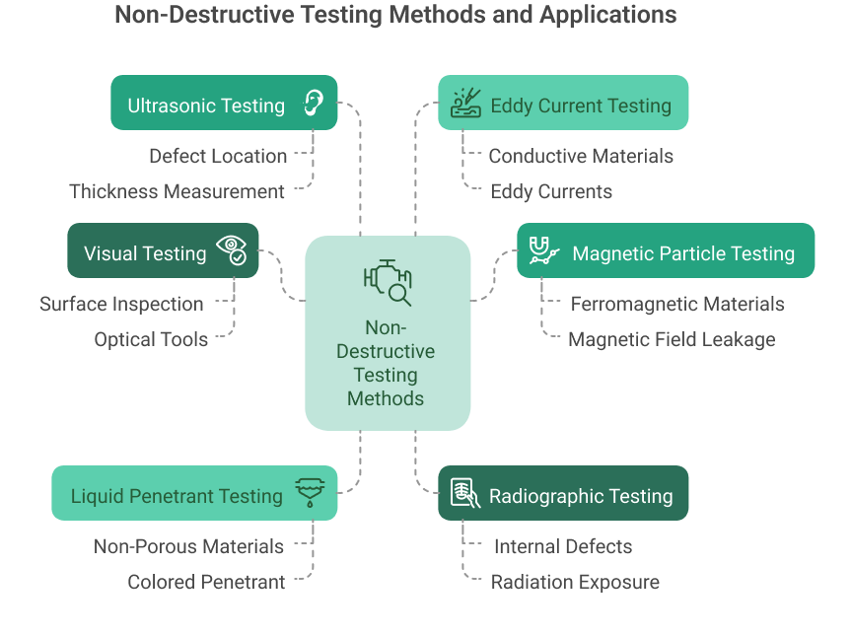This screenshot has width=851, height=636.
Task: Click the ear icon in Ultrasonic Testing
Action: coord(313,103)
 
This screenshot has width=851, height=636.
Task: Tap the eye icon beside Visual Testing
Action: coord(232,250)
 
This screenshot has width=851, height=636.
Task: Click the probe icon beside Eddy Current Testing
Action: coord(464,103)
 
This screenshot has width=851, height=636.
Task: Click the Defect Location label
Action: coord(218,156)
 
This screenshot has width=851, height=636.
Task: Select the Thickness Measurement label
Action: coord(177,191)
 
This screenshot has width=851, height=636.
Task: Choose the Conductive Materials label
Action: coord(581,156)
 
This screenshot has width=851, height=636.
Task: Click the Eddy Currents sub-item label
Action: coord(551,191)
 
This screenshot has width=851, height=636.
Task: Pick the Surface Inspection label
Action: coord(121,304)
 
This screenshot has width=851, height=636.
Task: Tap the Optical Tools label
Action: coord(151,339)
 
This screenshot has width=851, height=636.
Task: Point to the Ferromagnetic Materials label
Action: coord(677,304)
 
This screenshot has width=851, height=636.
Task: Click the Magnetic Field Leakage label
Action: coord(672,339)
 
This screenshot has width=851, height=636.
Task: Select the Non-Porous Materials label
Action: coord(188,546)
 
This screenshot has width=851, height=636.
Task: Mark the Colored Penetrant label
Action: coord(206,582)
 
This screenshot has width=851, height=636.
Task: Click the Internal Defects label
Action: coord(563,546)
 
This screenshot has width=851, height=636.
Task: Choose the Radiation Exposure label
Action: coord(575,582)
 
